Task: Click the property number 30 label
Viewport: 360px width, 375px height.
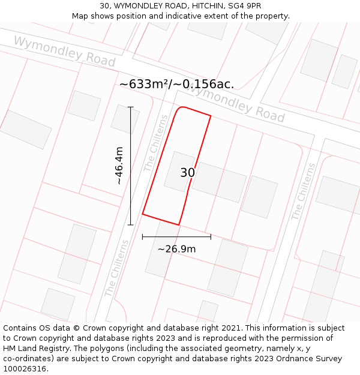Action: (x=187, y=173)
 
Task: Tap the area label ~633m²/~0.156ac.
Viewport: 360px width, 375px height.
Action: (x=176, y=85)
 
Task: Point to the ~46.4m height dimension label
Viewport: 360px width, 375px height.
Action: (x=119, y=165)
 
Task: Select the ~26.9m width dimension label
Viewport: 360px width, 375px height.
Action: (x=176, y=249)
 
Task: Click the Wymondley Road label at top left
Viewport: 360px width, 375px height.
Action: (x=64, y=51)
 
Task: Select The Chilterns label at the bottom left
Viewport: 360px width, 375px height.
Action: (x=116, y=268)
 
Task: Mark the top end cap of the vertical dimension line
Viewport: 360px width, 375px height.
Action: (x=130, y=107)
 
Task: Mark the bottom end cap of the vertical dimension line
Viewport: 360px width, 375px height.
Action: (x=130, y=225)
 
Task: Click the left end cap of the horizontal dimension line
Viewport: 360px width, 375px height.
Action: (x=142, y=236)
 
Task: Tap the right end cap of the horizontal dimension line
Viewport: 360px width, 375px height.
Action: (x=211, y=236)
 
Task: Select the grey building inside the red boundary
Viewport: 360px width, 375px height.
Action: (x=179, y=172)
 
